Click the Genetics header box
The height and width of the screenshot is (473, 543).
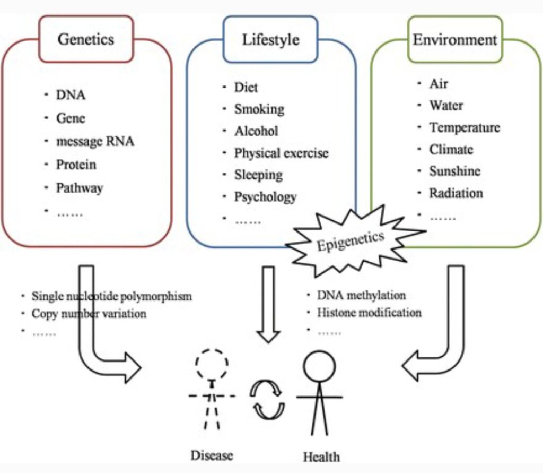[86, 39]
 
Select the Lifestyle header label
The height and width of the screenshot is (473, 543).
[270, 39]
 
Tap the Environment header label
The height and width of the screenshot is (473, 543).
[455, 40]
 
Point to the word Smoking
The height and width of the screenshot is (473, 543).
[259, 109]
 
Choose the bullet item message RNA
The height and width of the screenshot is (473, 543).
[95, 141]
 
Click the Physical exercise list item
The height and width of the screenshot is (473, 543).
[281, 153]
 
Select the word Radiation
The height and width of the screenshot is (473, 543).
[456, 193]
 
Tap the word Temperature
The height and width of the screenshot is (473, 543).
[465, 128]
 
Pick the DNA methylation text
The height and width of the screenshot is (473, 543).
[361, 295]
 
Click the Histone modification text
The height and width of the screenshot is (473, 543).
[369, 313]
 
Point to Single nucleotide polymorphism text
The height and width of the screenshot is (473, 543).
[111, 296]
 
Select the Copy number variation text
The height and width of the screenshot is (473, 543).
[89, 314]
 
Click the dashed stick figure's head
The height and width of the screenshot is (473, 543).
[212, 364]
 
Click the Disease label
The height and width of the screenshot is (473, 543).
[212, 455]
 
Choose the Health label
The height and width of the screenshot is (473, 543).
[321, 456]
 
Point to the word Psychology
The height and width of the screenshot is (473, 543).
[265, 197]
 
